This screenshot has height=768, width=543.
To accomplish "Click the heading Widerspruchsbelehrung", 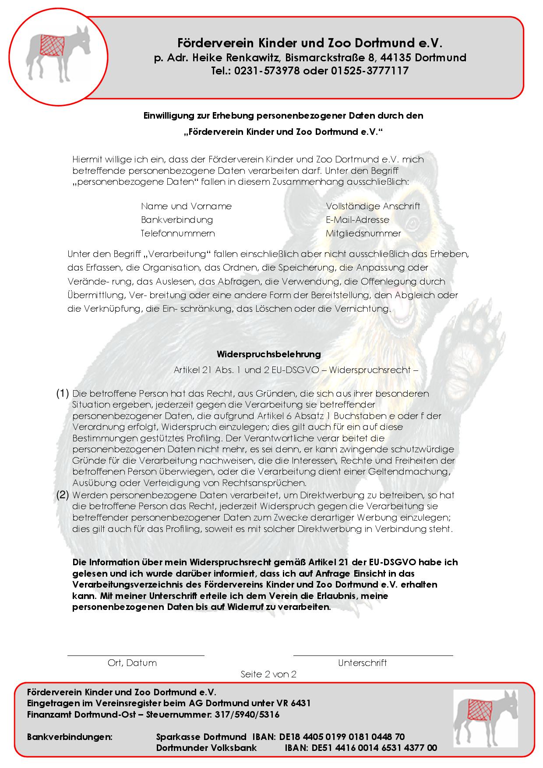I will (x=268, y=354).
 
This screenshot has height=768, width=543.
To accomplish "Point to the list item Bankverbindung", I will (x=177, y=219).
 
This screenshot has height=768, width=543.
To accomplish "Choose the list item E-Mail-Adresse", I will (x=357, y=219).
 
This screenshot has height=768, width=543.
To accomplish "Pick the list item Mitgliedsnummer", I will (x=363, y=233).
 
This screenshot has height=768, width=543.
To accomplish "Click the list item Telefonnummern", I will (x=178, y=233).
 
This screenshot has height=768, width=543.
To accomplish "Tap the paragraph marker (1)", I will (x=63, y=393).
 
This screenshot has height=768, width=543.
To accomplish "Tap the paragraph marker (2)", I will (x=63, y=495).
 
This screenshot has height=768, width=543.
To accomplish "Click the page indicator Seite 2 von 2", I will (x=268, y=674).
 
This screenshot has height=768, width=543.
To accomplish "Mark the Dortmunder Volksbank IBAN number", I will (x=374, y=747).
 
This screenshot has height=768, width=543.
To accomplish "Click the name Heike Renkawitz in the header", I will (x=237, y=57).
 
